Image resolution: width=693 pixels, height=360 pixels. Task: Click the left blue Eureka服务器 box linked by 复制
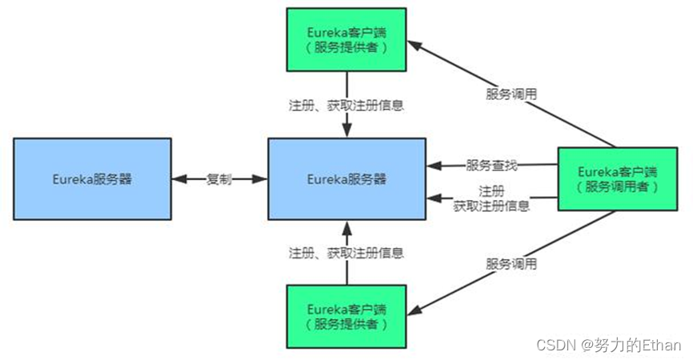[92, 178]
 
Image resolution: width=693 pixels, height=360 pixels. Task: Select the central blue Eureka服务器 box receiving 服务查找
[346, 178]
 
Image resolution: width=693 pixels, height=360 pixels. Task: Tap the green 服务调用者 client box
[616, 178]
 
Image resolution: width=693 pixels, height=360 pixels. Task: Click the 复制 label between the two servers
[218, 179]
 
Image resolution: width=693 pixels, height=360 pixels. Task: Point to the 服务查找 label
[491, 166]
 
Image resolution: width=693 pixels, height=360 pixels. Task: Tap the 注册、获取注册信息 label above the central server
[346, 105]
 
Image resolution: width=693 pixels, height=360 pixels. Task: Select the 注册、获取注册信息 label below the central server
[346, 253]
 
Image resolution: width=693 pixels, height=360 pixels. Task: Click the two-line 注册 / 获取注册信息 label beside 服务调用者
[491, 198]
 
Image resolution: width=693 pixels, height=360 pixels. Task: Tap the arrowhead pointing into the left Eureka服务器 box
[178, 179]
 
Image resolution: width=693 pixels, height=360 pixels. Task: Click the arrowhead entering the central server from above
[346, 131]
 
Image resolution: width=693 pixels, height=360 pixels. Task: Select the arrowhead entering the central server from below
[346, 226]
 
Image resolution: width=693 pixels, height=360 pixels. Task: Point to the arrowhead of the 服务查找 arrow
[434, 166]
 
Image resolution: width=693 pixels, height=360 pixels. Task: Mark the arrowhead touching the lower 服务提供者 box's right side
[413, 310]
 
